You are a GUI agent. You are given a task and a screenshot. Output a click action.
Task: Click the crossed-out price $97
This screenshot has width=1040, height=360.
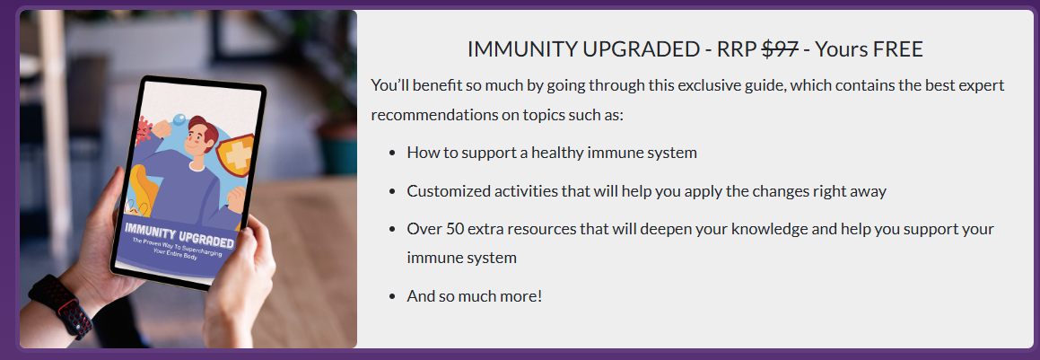point(780,49)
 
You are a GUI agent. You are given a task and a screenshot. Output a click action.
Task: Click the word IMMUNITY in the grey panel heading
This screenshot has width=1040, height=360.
point(516,49)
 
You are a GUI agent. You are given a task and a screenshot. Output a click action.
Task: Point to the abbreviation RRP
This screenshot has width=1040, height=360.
point(737,49)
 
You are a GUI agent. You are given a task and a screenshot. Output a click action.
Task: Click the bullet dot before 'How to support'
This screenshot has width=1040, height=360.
point(393,154)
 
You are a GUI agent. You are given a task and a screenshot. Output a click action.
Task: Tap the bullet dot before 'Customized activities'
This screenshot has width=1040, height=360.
point(393,192)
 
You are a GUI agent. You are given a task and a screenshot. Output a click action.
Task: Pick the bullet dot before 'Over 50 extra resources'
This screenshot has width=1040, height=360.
point(393,230)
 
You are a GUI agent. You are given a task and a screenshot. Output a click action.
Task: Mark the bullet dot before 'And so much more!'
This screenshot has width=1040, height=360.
point(393,296)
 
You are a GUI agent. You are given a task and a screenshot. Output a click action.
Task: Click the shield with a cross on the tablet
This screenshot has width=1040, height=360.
point(236,154)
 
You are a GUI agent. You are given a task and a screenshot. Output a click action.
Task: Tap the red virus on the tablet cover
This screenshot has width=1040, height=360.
point(144,130)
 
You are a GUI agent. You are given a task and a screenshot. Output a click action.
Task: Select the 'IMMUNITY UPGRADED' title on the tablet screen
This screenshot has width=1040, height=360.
point(179,233)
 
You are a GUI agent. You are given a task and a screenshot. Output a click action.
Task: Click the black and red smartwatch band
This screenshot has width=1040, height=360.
point(61,305)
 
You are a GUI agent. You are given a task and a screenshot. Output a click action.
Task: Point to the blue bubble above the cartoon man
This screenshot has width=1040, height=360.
point(179,119)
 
